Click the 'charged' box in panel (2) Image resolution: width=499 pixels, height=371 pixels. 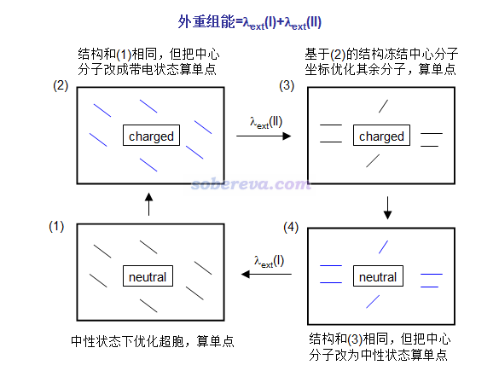[151, 136]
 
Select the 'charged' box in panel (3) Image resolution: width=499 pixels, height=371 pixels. [381, 136]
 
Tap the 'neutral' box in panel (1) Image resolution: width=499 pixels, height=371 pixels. [148, 275]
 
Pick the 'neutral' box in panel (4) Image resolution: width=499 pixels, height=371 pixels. [378, 275]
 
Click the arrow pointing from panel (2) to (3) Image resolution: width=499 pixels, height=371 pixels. [264, 136]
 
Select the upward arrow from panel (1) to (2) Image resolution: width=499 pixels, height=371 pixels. [148, 204]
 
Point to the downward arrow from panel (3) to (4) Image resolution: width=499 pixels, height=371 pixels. [387, 208]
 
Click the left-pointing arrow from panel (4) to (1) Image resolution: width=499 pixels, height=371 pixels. [266, 274]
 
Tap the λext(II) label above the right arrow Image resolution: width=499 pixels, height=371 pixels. [266, 123]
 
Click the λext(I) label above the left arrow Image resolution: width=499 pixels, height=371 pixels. [269, 262]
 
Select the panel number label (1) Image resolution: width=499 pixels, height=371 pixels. [56, 227]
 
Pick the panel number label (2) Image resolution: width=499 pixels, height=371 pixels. [61, 86]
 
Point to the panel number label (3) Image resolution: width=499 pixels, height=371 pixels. [287, 86]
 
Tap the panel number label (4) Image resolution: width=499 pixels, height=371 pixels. [291, 227]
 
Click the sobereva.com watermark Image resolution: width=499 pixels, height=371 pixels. [251, 184]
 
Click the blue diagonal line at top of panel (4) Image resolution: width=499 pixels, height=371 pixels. [383, 247]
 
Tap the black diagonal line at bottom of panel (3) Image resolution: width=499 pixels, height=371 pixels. [373, 160]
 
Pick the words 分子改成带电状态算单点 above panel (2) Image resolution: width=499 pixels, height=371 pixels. [147, 69]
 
